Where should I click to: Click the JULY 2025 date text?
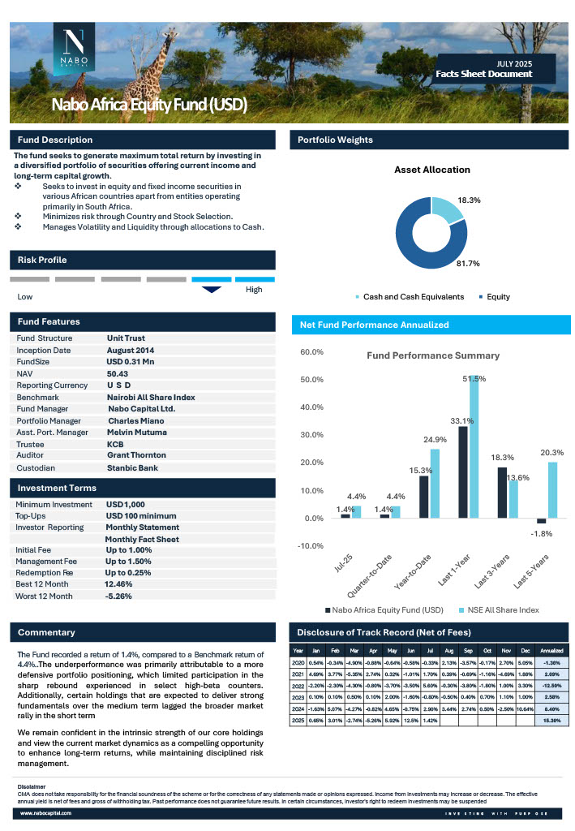pos(513,62)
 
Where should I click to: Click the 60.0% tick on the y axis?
pos(312,352)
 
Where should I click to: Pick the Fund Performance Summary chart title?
pos(433,355)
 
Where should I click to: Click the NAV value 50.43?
pos(118,372)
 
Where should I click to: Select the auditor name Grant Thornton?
pos(136,455)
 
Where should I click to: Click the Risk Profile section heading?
pos(42,260)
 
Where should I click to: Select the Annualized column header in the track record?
pos(551,650)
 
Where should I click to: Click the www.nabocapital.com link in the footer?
pos(47,812)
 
